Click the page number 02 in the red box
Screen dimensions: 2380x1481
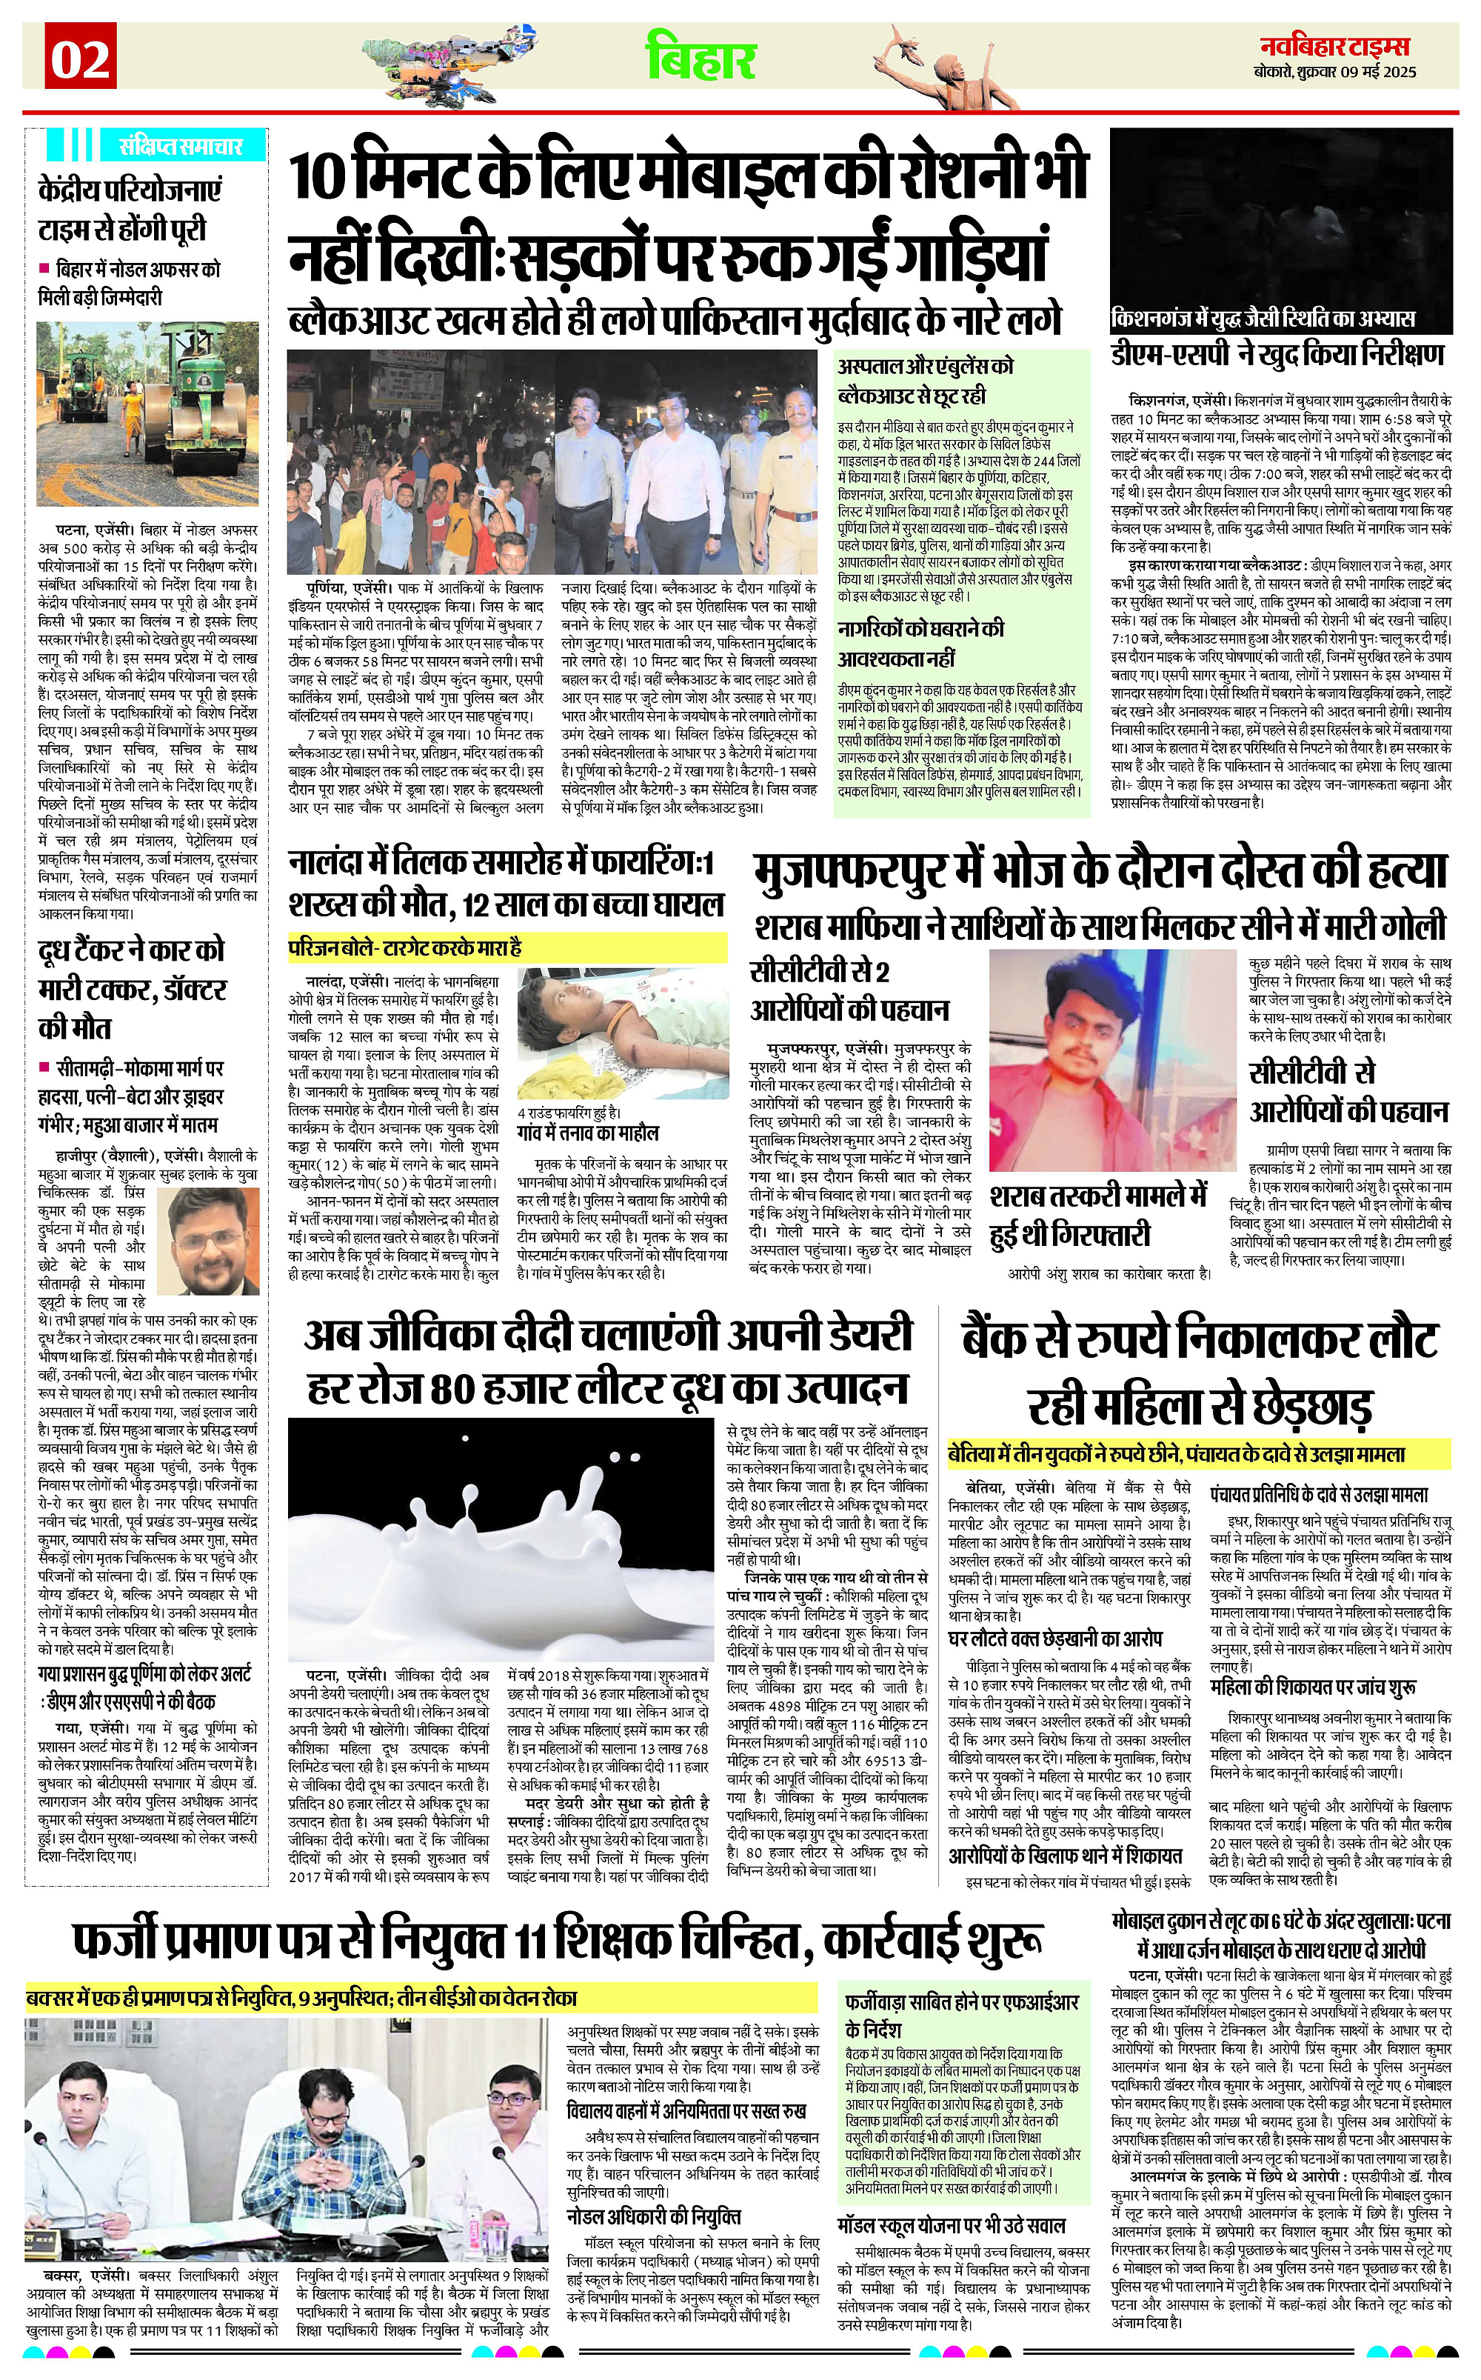80,60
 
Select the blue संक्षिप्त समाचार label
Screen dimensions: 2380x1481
179,146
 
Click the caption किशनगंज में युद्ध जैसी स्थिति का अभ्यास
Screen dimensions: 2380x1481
1263,319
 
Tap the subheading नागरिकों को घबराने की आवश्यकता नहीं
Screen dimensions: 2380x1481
920,643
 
